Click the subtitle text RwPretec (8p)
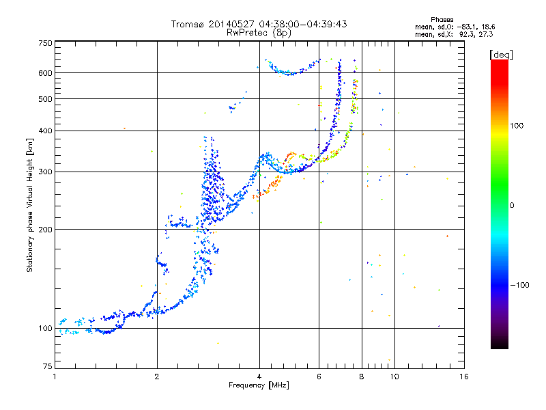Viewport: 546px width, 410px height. coord(259,33)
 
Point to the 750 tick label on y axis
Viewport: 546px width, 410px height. coord(45,43)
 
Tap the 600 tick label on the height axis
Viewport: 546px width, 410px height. coord(45,73)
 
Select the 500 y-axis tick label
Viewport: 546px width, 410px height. coord(45,99)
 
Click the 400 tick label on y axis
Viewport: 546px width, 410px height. coord(45,131)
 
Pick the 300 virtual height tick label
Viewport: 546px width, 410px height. coord(45,172)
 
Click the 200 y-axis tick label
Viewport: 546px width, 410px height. coord(45,230)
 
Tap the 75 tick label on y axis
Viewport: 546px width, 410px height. coord(48,366)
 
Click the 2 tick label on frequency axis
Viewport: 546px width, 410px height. coord(157,377)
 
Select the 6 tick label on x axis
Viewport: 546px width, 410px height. coord(319,377)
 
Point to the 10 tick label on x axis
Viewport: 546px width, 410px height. coord(394,377)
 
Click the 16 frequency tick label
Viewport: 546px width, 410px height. coord(464,377)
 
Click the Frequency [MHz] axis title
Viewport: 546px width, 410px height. coord(259,385)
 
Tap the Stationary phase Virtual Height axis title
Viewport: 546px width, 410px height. coord(29,205)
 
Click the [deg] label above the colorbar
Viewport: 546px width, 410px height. coord(502,55)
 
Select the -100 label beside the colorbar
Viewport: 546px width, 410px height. coord(520,285)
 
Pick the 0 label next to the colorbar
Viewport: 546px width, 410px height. coord(512,205)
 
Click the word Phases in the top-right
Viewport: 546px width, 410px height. coord(442,20)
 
